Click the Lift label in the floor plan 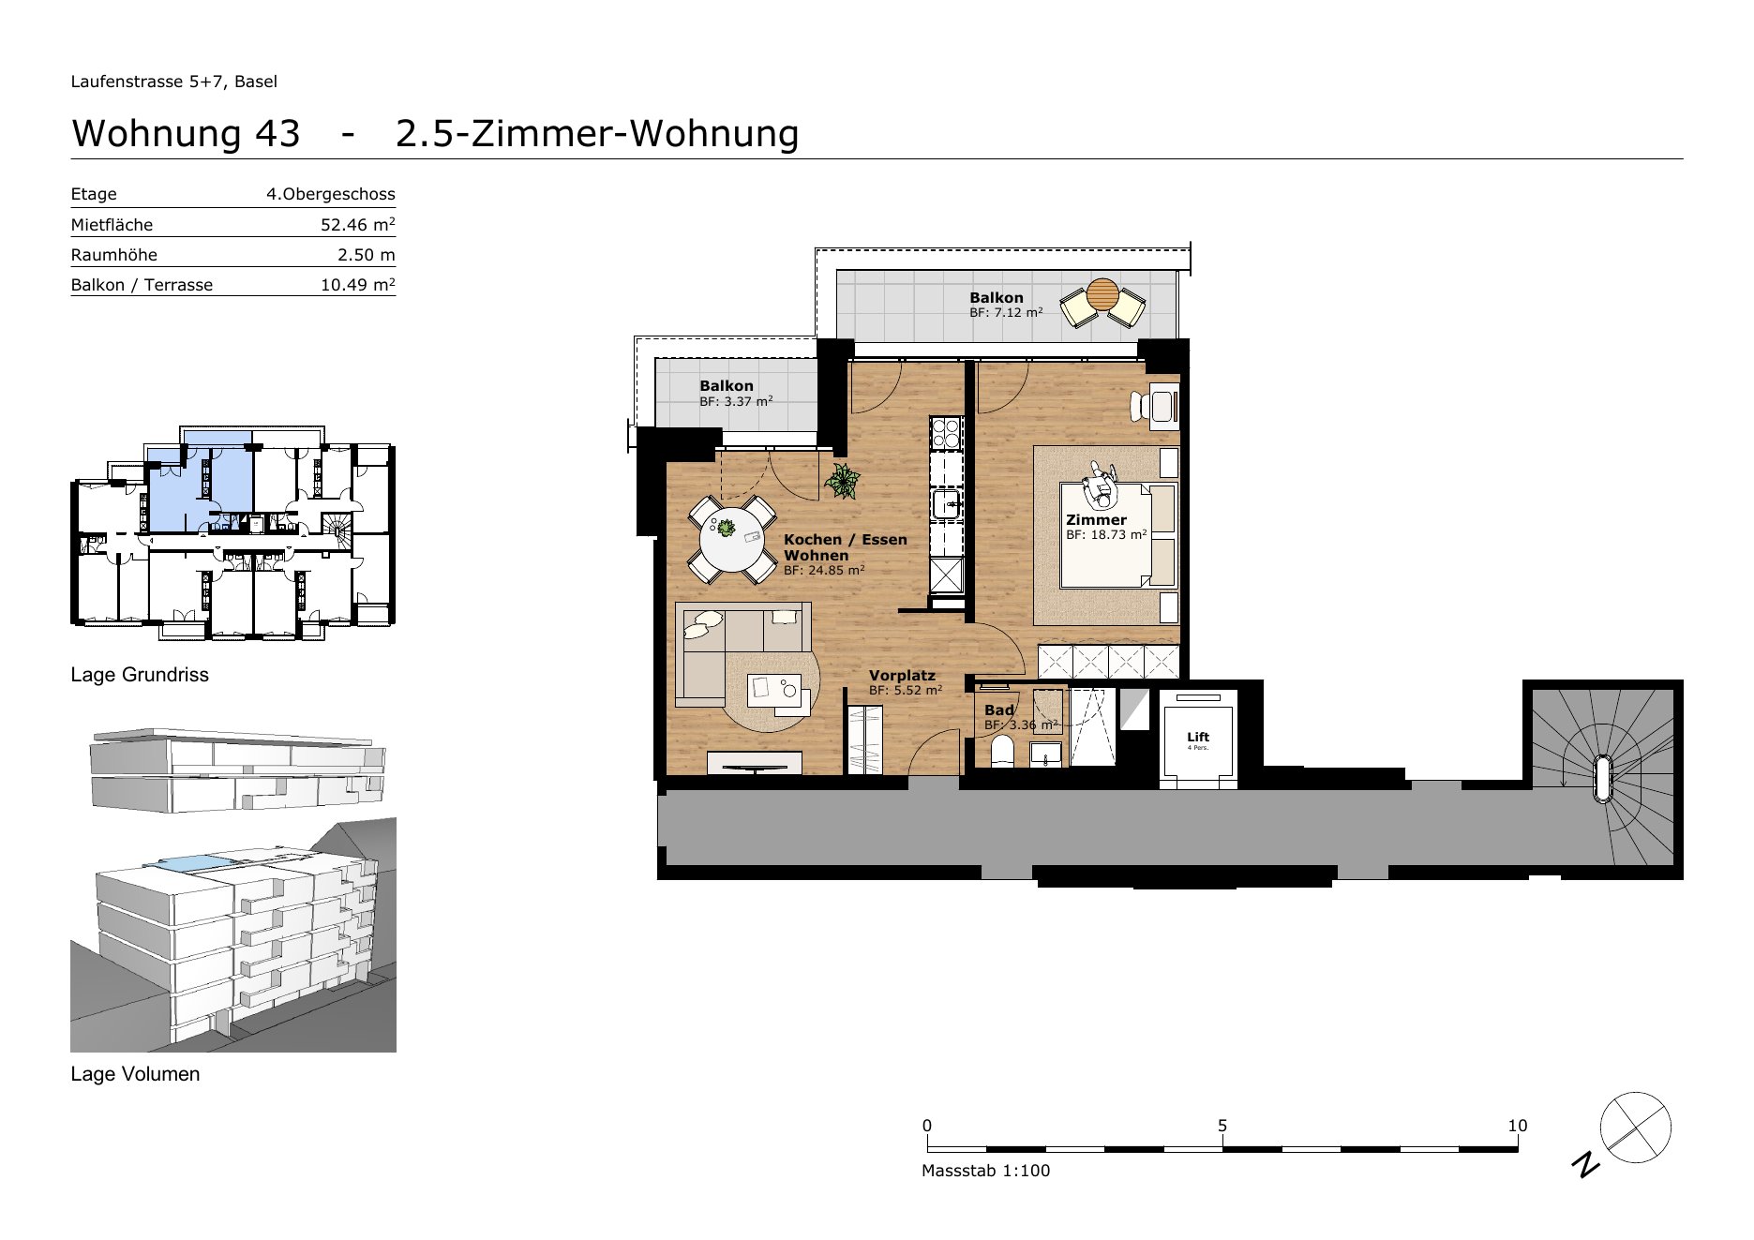tap(1198, 737)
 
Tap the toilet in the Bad tap(1001, 752)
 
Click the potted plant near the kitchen tap(842, 481)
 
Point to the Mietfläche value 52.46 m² tap(358, 224)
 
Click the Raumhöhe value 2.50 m tap(367, 255)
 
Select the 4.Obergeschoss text tap(331, 194)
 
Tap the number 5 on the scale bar tap(1222, 1126)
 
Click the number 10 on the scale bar tap(1518, 1126)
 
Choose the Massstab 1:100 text tap(986, 1171)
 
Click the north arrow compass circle tap(1636, 1128)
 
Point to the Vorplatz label tap(902, 675)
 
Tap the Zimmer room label tap(1096, 519)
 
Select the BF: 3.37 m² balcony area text tap(736, 401)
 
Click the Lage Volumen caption tap(135, 1074)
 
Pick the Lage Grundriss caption tap(140, 675)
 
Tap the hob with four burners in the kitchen tap(945, 432)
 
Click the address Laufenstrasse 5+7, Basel tap(174, 82)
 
